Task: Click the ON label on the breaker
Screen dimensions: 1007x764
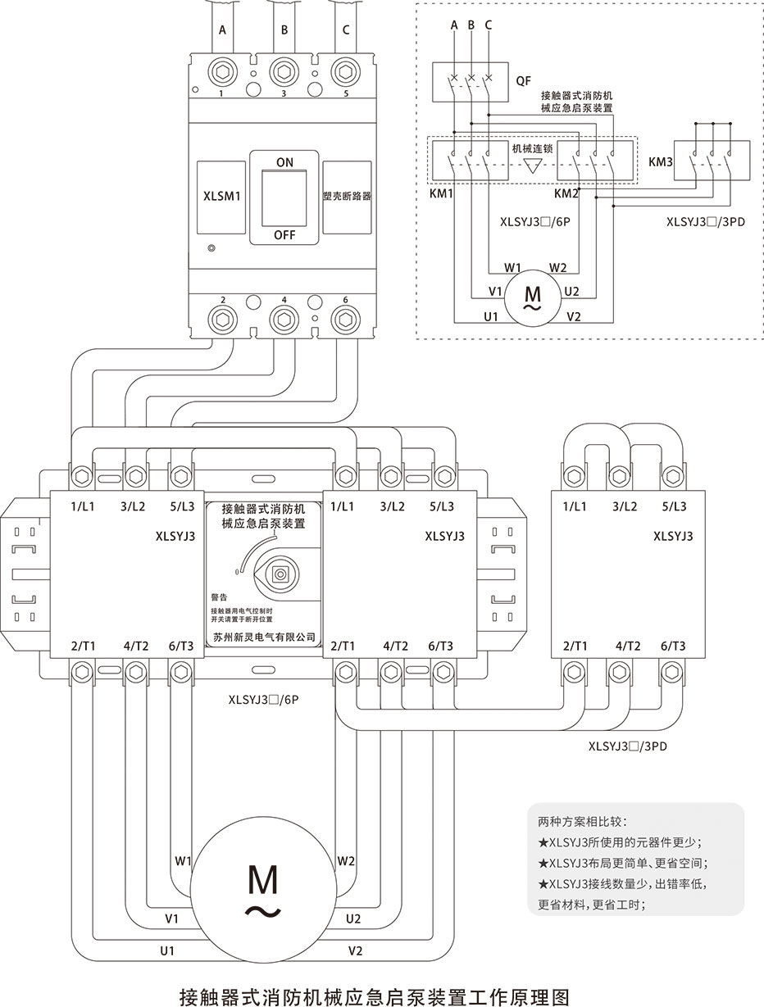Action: click(x=284, y=162)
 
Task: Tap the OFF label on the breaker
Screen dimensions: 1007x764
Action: click(x=284, y=235)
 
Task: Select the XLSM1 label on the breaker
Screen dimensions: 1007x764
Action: click(x=221, y=197)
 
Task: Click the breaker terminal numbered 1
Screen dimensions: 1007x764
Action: click(x=222, y=71)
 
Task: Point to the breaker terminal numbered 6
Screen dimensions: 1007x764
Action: click(x=344, y=317)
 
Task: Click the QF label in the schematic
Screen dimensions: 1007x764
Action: click(x=523, y=81)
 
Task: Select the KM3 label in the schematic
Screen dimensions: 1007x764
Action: click(x=660, y=162)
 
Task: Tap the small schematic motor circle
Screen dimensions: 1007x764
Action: click(x=532, y=296)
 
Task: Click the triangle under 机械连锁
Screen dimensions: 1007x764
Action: click(x=533, y=166)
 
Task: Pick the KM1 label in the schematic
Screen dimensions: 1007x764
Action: click(x=443, y=194)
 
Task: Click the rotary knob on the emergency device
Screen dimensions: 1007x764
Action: click(x=280, y=574)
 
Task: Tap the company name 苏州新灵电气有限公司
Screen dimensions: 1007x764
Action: click(x=263, y=637)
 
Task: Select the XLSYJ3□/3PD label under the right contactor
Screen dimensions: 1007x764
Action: click(x=627, y=746)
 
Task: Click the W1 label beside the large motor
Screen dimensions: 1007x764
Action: click(x=183, y=861)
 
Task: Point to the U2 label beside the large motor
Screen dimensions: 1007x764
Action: click(x=353, y=919)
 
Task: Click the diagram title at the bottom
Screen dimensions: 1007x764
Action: click(x=373, y=996)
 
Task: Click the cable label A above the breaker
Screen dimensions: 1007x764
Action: click(x=222, y=31)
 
